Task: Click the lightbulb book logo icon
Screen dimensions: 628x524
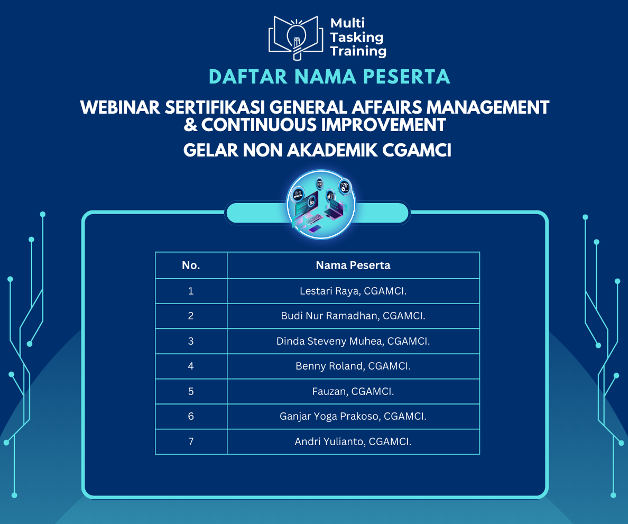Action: [296, 38]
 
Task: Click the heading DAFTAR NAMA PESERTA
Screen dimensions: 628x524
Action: [330, 77]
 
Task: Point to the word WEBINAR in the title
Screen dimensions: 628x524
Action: [120, 107]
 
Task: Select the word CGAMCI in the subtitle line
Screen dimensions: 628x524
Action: [417, 150]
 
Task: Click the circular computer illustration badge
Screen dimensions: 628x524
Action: [321, 204]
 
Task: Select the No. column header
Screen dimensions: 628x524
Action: [191, 265]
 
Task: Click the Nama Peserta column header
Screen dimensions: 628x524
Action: [353, 265]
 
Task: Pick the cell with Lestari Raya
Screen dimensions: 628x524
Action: [353, 291]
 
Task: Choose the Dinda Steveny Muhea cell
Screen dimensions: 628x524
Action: [353, 341]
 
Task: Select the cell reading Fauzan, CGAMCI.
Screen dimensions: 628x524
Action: [353, 391]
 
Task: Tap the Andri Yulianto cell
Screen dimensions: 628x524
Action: [353, 442]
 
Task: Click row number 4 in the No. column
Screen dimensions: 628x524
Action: [191, 366]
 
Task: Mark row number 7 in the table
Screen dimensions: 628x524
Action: [191, 442]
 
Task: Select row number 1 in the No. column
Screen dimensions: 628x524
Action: [191, 291]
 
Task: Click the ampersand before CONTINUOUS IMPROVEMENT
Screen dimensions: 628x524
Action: [191, 125]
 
